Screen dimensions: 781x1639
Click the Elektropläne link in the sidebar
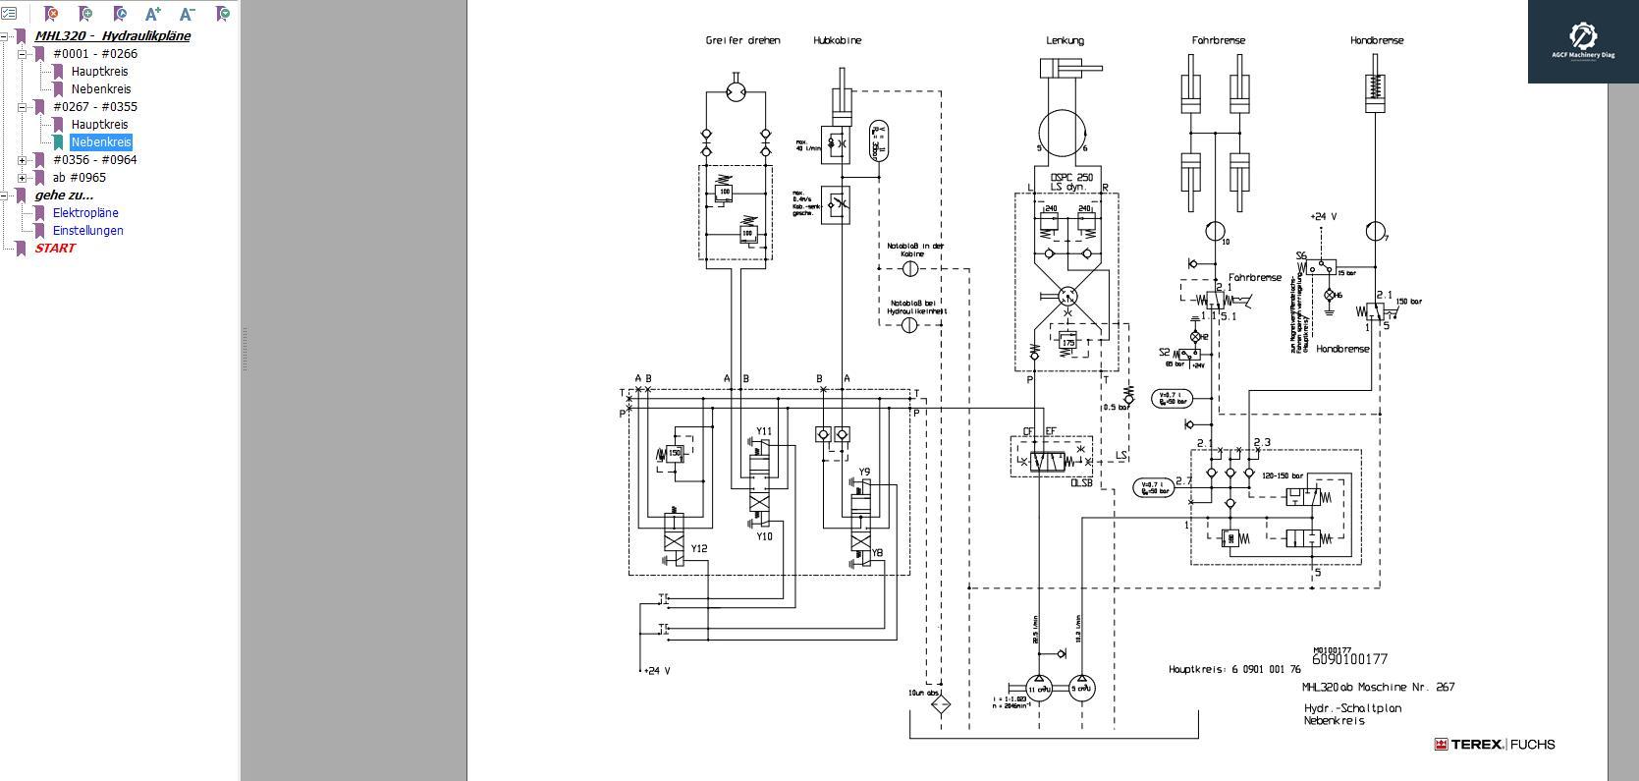[x=85, y=213]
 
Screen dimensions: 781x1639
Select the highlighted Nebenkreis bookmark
[x=101, y=142]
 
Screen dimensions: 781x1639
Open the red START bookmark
[x=55, y=249]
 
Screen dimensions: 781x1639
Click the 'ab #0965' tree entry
[x=80, y=178]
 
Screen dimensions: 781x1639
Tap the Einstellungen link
[x=88, y=231]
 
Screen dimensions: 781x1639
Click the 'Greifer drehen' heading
[x=742, y=41]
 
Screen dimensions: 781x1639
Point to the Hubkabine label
[x=837, y=41]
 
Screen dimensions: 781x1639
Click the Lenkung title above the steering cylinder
[x=1065, y=41]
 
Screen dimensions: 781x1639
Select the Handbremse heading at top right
[x=1376, y=41]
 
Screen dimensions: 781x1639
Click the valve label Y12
[x=698, y=549]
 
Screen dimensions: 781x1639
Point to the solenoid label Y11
[x=763, y=431]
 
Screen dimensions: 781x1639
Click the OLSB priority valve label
[x=1080, y=482]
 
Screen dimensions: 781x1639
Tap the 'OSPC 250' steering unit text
[x=1070, y=178]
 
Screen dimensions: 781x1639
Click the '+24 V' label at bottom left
[x=656, y=671]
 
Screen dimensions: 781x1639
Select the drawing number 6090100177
[x=1349, y=660]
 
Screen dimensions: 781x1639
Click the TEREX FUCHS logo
[x=1494, y=745]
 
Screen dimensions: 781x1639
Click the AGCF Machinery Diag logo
[x=1582, y=41]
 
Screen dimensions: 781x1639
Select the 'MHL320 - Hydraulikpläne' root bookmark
[x=112, y=36]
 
